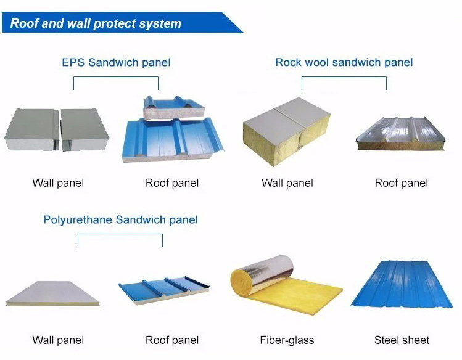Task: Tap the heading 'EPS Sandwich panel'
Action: (x=116, y=62)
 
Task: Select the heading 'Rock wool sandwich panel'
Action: (x=344, y=62)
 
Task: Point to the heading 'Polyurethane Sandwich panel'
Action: (x=120, y=219)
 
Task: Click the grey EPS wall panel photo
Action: (x=57, y=129)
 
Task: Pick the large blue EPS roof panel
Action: (x=173, y=140)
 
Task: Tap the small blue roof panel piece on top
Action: (x=174, y=107)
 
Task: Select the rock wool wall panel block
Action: (x=286, y=131)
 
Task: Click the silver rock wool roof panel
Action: (x=400, y=133)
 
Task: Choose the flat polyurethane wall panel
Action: (x=52, y=293)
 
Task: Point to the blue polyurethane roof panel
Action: (x=164, y=289)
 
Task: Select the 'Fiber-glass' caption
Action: (x=287, y=340)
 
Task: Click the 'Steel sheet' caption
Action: (x=402, y=340)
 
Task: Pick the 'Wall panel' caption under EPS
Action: (x=58, y=183)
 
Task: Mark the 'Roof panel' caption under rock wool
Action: (x=402, y=183)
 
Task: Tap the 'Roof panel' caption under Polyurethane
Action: (x=172, y=340)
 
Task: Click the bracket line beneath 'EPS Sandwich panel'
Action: (x=116, y=77)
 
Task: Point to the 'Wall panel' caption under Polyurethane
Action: (x=58, y=340)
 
